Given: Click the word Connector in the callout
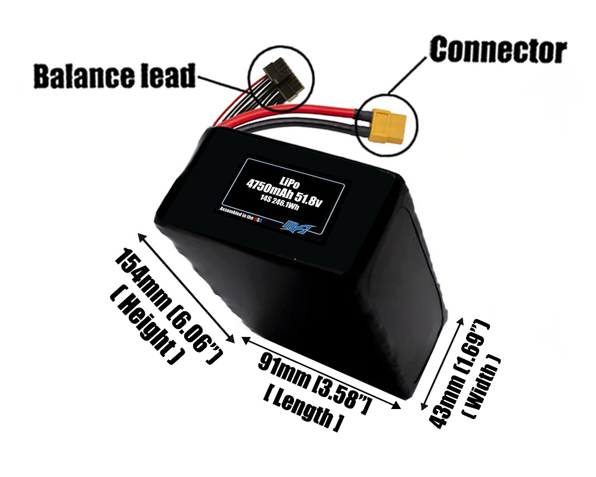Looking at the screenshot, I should [498, 50].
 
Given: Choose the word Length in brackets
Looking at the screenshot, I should [302, 407].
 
